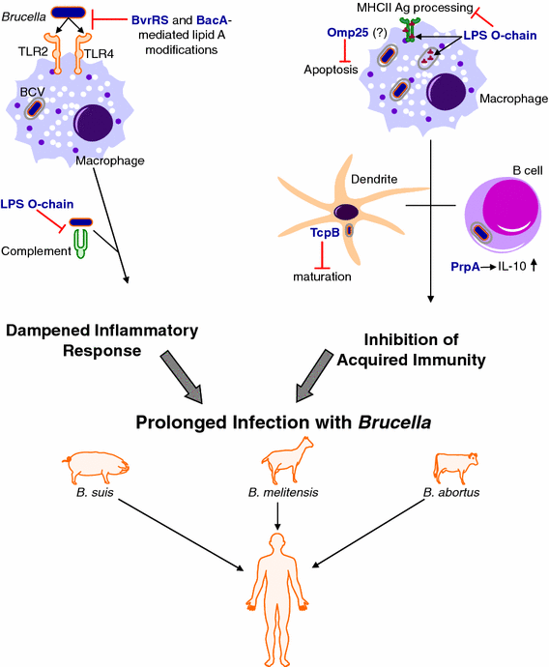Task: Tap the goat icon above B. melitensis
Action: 277,465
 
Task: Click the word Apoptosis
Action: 331,71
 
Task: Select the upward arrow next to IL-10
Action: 522,265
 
